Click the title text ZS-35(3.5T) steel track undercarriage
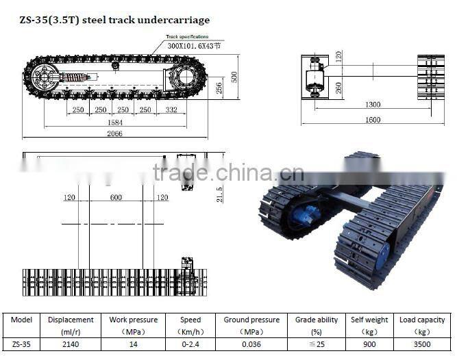tap(114, 20)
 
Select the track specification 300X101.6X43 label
tap(195, 46)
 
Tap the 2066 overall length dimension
tap(114, 133)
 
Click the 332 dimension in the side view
tap(171, 110)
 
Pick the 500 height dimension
tap(234, 76)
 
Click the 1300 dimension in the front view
tap(373, 105)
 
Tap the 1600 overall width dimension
tap(373, 120)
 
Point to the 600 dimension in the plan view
tap(115, 198)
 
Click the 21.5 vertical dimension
tap(219, 194)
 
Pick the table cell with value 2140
tap(71, 344)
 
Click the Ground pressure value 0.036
tap(251, 344)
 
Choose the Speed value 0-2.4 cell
tap(190, 344)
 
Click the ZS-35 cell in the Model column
tap(21, 344)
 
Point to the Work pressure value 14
tap(134, 344)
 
